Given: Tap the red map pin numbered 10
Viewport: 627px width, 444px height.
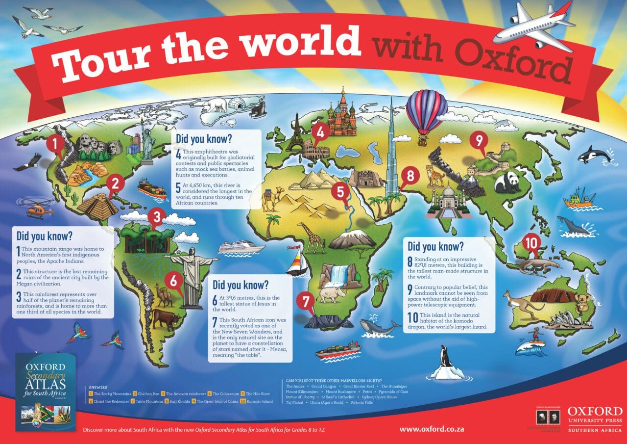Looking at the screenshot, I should click(531, 242).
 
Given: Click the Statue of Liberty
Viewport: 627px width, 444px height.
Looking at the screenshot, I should click(146, 132).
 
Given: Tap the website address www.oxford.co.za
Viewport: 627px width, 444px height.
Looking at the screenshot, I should click(432, 429).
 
